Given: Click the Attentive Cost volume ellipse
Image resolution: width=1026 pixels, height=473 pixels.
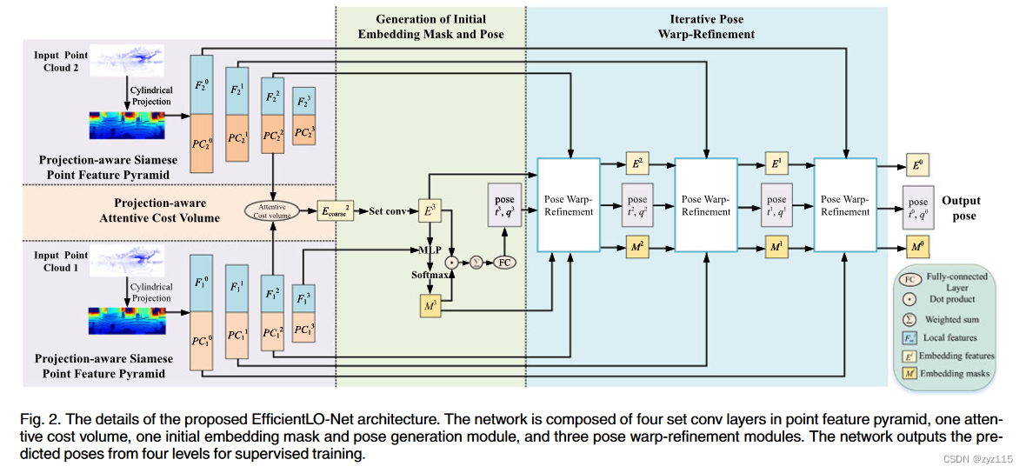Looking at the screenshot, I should (x=273, y=210).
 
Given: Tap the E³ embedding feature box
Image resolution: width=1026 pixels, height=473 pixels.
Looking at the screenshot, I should (x=429, y=210).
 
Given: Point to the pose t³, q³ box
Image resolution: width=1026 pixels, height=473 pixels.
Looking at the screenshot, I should (x=504, y=205).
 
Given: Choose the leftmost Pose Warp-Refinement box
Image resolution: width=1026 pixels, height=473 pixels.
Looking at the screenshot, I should (x=570, y=205).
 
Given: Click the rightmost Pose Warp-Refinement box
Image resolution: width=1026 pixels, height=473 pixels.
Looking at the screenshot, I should (x=844, y=205).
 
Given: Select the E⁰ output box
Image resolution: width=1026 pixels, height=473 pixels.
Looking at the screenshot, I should (x=915, y=164).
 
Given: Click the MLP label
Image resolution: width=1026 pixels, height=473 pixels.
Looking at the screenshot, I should (x=429, y=250).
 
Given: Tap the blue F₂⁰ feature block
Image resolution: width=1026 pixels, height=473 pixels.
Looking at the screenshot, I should (x=202, y=84).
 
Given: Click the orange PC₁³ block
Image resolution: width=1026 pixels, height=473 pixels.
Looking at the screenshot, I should (x=304, y=330).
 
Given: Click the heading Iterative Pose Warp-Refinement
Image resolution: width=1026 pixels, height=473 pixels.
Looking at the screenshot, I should (x=706, y=26).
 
